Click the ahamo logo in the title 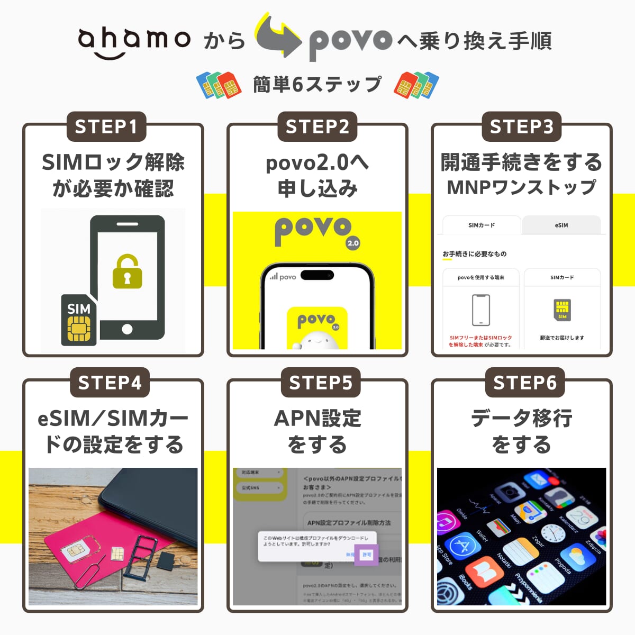click(x=134, y=41)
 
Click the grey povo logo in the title click(x=350, y=42)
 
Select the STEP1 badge click(x=106, y=127)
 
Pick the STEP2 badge click(x=317, y=127)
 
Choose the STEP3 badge click(x=522, y=127)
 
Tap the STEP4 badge click(x=110, y=383)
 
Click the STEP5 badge click(x=321, y=383)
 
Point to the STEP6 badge click(x=525, y=383)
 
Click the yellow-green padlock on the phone click(x=127, y=272)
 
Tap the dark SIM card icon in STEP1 click(x=79, y=321)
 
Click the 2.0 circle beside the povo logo click(x=353, y=243)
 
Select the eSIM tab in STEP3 click(x=561, y=225)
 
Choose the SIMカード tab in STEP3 click(x=482, y=225)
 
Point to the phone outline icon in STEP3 click(x=480, y=310)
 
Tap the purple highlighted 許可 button click(x=366, y=555)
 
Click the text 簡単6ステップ click(x=317, y=85)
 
